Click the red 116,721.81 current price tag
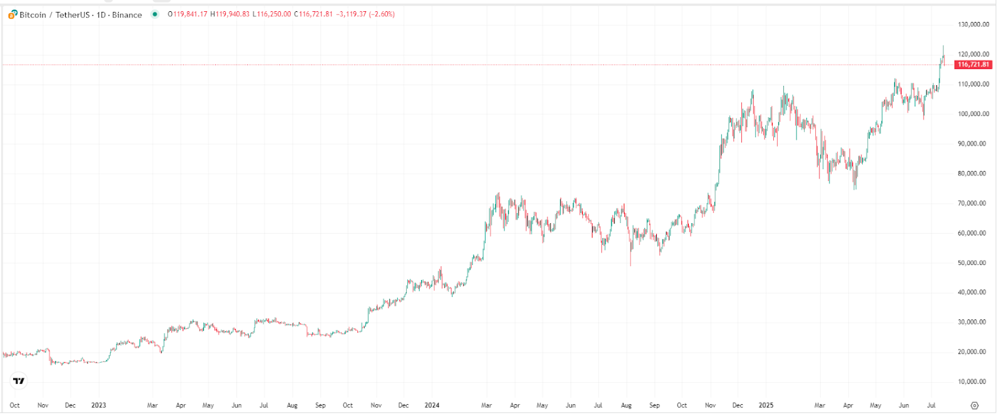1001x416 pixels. tap(973, 65)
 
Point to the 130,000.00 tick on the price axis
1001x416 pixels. tap(973, 24)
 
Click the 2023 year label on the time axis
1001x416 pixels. tap(98, 405)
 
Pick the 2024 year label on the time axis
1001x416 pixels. tap(432, 405)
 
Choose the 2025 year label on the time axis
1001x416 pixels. tap(766, 405)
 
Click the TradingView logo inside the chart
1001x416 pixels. tap(19, 381)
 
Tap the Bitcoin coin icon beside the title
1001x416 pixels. tap(13, 14)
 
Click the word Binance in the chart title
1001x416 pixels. tap(127, 14)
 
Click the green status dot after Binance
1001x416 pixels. tap(155, 14)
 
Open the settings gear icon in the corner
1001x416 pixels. tap(974, 405)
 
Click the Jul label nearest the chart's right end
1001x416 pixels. tap(931, 405)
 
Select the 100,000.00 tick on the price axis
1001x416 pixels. tap(973, 114)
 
